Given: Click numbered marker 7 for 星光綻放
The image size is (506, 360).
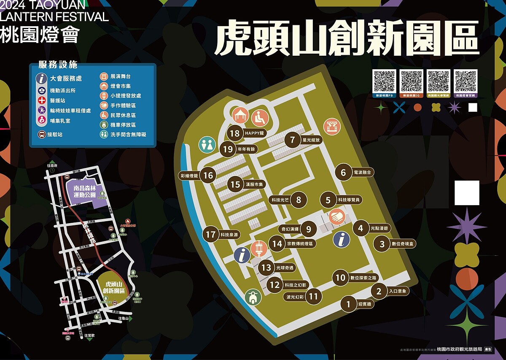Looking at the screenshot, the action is click(293, 140).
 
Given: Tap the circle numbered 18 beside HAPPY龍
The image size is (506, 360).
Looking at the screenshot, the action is click(235, 133).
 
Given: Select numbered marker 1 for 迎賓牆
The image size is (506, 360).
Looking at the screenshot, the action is click(349, 304).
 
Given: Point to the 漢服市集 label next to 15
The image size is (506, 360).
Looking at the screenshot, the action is click(255, 184).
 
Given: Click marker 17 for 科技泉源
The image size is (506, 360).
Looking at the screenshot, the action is click(211, 235).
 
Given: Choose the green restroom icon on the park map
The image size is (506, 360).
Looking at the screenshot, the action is click(207, 144).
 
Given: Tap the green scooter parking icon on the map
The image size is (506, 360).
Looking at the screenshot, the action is click(253, 297).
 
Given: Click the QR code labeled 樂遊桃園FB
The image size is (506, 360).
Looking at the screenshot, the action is click(385, 81).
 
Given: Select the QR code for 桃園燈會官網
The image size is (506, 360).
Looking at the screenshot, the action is click(466, 81).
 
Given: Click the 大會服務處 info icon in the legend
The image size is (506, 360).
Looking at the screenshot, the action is click(41, 78).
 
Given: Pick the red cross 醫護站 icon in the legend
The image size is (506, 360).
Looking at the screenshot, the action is click(42, 100).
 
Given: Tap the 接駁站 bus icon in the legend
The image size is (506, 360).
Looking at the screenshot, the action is click(42, 135).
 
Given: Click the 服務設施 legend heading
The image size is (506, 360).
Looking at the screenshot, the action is click(58, 65).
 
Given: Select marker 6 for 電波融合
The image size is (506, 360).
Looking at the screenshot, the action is click(343, 172).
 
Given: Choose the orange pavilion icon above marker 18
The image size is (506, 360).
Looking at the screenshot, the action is click(240, 115).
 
